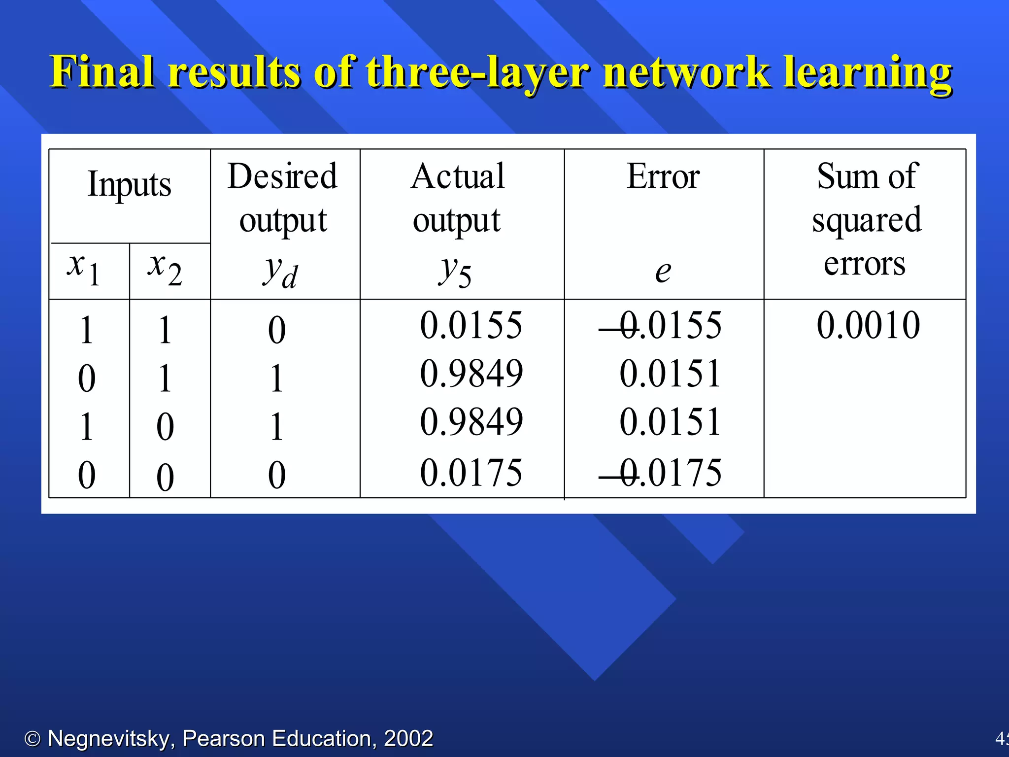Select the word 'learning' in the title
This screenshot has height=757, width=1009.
click(x=868, y=72)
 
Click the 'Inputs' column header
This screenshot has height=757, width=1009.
click(x=130, y=184)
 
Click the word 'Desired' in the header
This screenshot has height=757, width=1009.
click(x=283, y=176)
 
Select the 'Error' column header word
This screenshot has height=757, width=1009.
click(x=663, y=176)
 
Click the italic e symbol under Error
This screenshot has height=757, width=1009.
click(x=663, y=271)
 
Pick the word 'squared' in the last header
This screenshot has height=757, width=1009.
click(x=867, y=220)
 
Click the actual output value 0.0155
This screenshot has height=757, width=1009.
click(x=471, y=325)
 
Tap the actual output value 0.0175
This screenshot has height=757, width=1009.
click(x=471, y=472)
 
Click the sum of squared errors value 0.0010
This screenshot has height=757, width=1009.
click(x=868, y=325)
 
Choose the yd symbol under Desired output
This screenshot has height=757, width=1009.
click(x=280, y=272)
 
